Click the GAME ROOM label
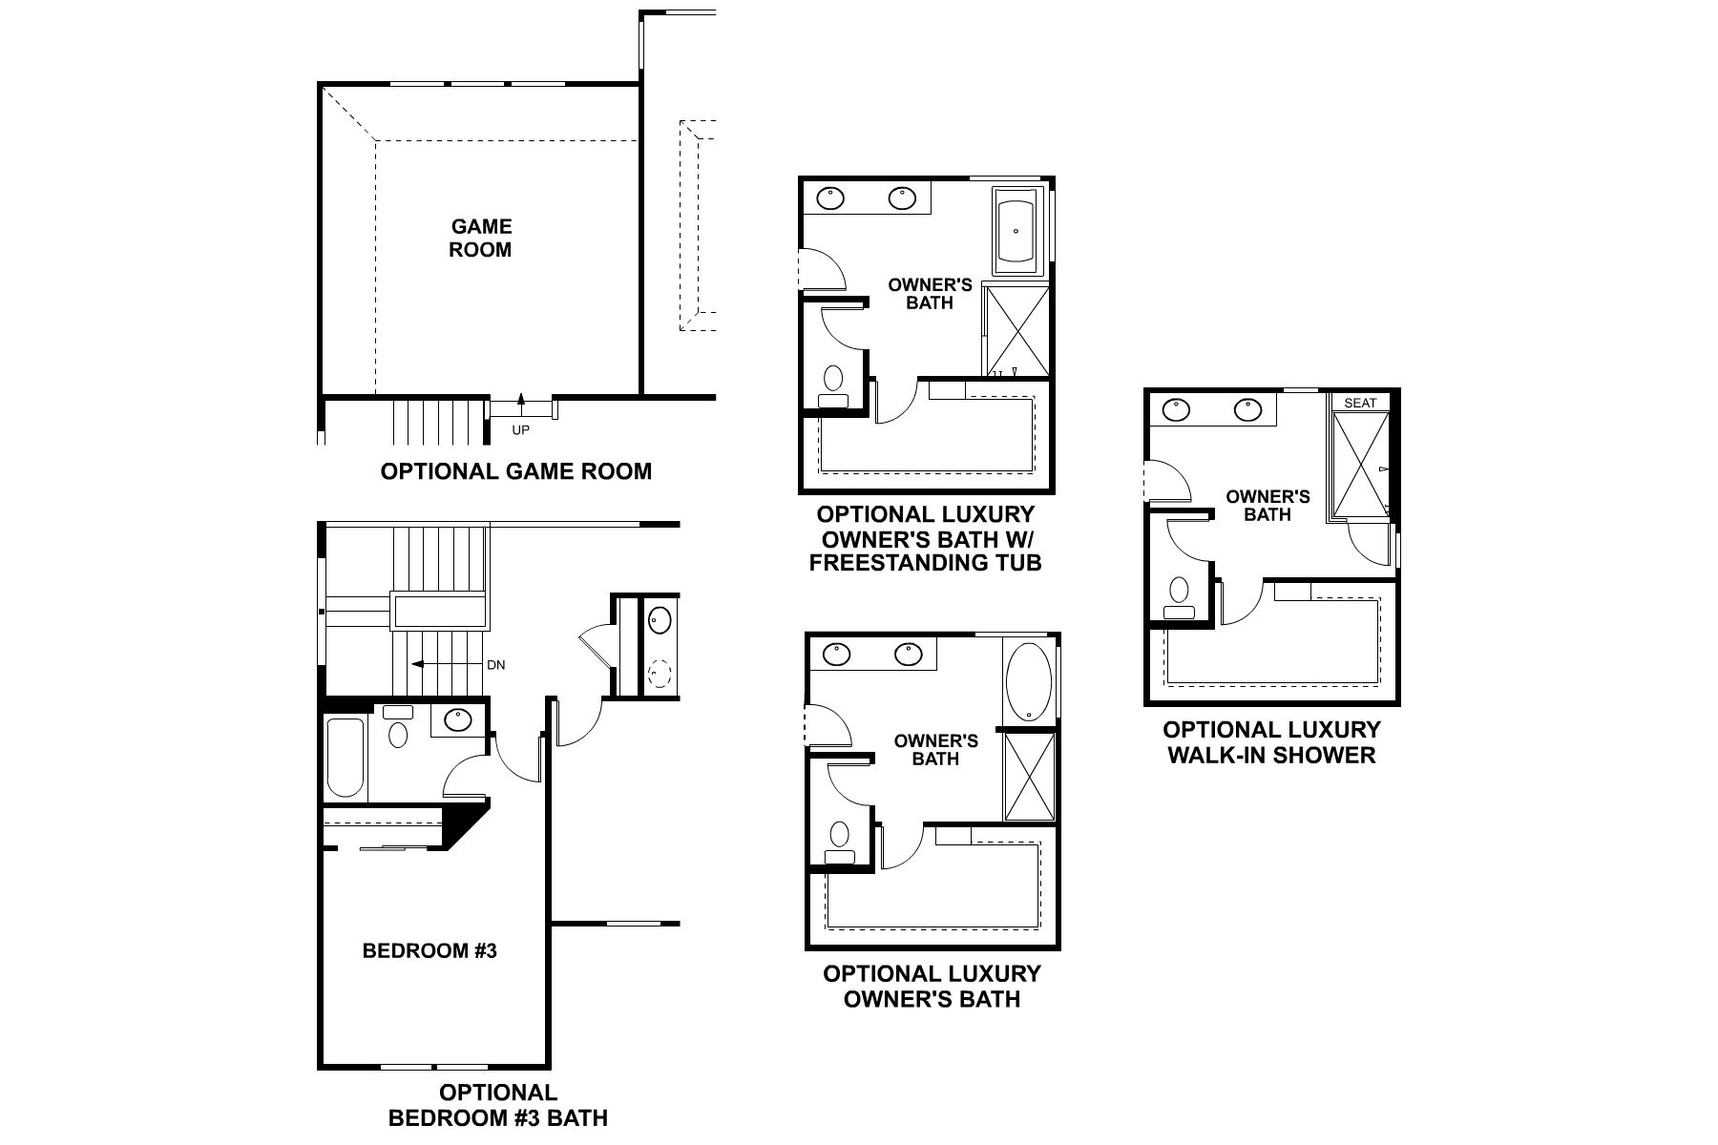click(x=481, y=239)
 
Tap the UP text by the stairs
click(x=520, y=430)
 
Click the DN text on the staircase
click(x=495, y=665)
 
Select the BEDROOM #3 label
click(x=429, y=950)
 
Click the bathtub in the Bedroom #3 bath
click(x=346, y=759)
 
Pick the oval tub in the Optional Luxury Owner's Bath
click(x=1026, y=683)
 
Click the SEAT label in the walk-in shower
click(x=1360, y=403)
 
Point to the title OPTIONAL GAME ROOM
click(x=515, y=471)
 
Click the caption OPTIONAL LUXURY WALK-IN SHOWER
click(x=1271, y=742)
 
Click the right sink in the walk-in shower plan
click(x=1247, y=410)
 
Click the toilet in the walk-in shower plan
click(x=1181, y=597)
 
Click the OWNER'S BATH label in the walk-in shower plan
click(x=1268, y=506)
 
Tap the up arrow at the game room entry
click(x=521, y=399)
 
